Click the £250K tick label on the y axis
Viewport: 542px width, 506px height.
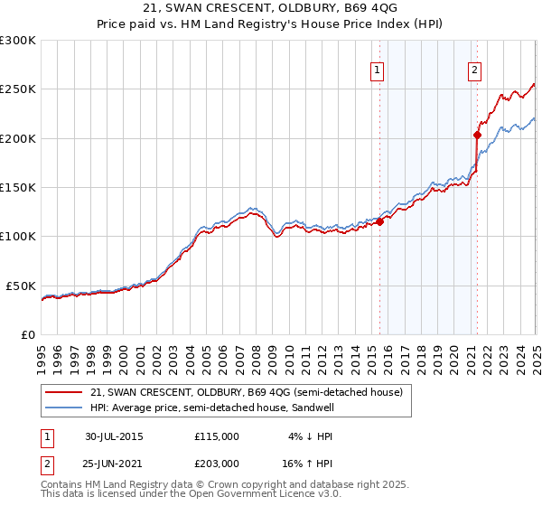click(18, 89)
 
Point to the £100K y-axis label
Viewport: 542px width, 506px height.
click(18, 236)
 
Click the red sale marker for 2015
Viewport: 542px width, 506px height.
click(380, 221)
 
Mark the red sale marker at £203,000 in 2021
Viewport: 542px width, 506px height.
click(477, 136)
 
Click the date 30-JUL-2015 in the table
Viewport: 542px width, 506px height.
click(114, 436)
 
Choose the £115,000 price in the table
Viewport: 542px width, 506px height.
click(217, 436)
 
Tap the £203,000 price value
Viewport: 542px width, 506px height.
click(217, 463)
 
